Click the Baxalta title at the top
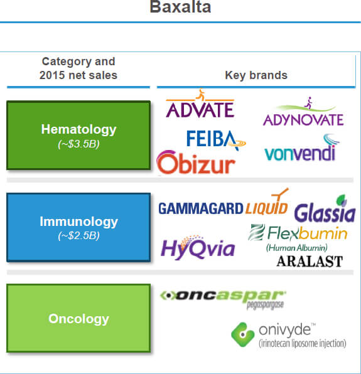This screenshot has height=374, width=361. (180, 7)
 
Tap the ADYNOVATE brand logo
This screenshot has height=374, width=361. (303, 112)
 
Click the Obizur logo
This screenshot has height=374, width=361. (196, 163)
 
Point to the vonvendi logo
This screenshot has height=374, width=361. (301, 147)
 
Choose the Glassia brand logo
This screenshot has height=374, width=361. (325, 209)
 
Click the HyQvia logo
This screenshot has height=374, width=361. (198, 247)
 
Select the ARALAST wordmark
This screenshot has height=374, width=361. (310, 261)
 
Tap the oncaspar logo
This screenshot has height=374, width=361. (223, 300)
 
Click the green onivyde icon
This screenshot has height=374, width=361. (242, 334)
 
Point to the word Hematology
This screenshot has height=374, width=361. (78, 130)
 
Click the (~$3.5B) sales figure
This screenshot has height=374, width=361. (78, 144)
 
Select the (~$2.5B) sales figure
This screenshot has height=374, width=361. (78, 235)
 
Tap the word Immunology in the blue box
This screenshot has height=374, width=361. (78, 222)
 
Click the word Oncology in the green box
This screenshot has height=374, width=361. (78, 319)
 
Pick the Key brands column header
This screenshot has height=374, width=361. (256, 75)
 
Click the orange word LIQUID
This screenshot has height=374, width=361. (267, 205)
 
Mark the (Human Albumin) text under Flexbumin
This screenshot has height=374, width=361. (296, 248)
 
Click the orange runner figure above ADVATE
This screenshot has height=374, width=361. (201, 94)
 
